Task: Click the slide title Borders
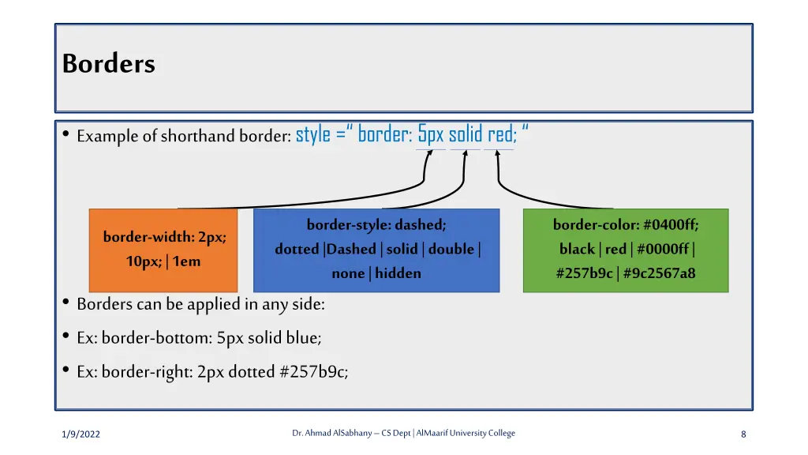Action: [109, 63]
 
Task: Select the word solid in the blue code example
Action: [465, 135]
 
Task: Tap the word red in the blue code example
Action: [499, 135]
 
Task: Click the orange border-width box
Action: [163, 250]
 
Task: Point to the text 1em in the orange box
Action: [186, 261]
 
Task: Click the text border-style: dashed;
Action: [376, 225]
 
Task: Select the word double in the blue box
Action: [451, 249]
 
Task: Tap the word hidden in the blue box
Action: [398, 273]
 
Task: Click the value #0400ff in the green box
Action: [671, 225]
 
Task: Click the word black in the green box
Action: [577, 249]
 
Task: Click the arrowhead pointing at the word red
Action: [498, 155]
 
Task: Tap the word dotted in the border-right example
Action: [252, 371]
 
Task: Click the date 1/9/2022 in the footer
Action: [81, 434]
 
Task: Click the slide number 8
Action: [743, 434]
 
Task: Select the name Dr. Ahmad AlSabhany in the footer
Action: [331, 433]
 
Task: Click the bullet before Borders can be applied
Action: [65, 303]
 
